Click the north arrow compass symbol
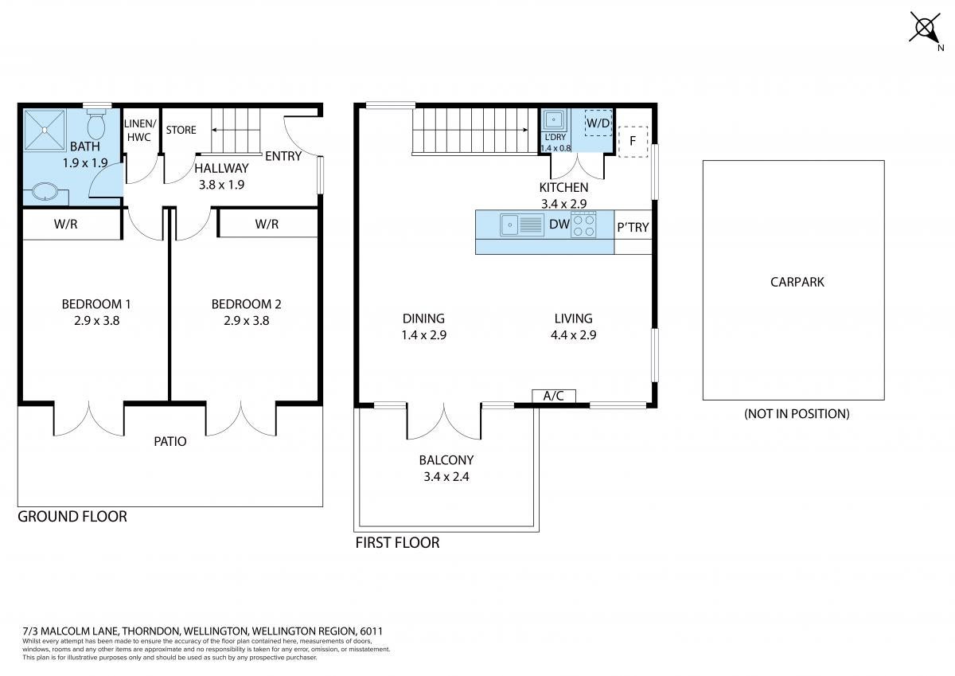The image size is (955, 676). pos(925,29)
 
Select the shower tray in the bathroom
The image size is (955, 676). pos(45,130)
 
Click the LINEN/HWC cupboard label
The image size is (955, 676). pos(139,130)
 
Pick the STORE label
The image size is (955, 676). pos(181,130)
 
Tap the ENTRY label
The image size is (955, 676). pos(283,156)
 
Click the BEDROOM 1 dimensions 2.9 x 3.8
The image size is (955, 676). pos(97,321)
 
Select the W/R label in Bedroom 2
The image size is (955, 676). pos(267,224)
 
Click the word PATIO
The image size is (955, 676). pos(170,441)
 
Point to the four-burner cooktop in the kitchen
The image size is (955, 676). pos(583,225)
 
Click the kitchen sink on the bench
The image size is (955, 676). pos(522,225)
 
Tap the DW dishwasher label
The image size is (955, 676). pos(559,224)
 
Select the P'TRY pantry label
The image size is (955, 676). pos(633,227)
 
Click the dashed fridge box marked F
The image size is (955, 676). pos(633,142)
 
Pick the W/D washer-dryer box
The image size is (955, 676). pos(598,123)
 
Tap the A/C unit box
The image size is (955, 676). pos(554,396)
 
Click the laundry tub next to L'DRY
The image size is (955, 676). pos(554,120)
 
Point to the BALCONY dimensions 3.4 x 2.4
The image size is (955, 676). pos(446,476)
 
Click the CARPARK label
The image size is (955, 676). pos(797,282)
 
